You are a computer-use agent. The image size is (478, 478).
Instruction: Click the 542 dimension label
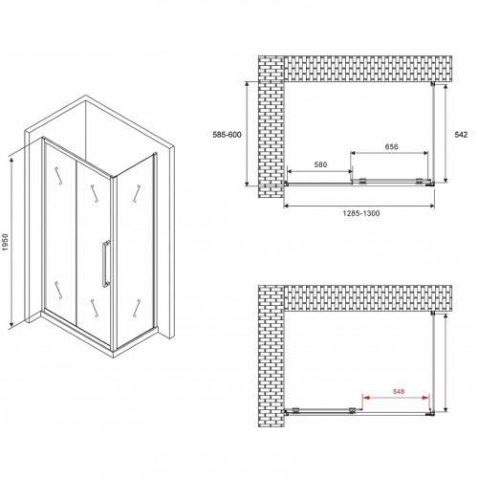pos(462,134)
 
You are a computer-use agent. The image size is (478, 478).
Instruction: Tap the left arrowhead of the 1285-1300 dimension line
pos(286,204)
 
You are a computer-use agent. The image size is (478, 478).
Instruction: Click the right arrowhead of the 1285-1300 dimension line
pos(438,204)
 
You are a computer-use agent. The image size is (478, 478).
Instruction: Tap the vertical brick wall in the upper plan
pos(272,134)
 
